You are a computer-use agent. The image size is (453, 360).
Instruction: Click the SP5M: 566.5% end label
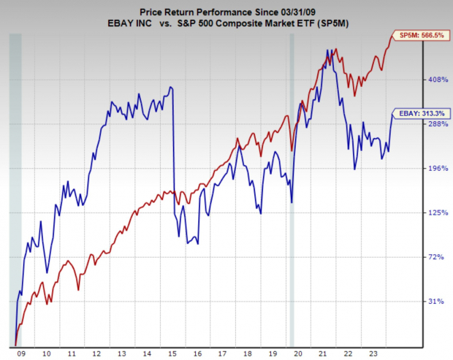pyautogui.click(x=421, y=34)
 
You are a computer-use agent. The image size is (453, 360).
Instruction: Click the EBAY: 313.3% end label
pyautogui.click(x=421, y=113)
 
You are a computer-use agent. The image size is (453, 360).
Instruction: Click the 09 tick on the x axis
pyautogui.click(x=20, y=353)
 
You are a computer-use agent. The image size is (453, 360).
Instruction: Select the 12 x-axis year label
pyautogui.click(x=96, y=353)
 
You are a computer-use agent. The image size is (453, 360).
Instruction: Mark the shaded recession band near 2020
pyautogui.click(x=292, y=190)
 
